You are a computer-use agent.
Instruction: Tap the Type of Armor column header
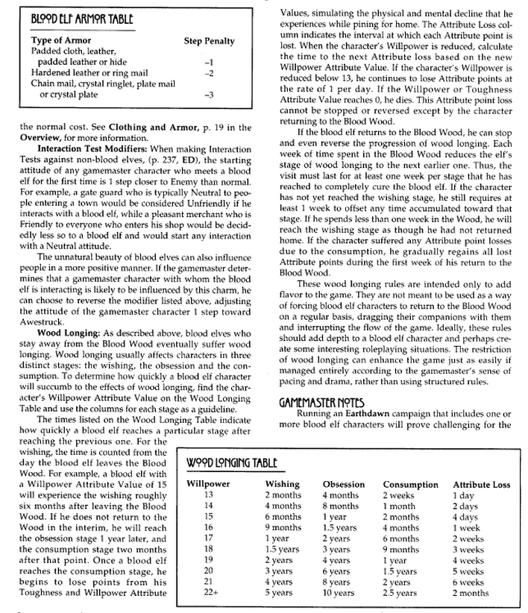[63, 42]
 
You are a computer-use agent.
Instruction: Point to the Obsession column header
[343, 484]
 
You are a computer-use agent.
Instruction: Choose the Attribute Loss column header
[481, 484]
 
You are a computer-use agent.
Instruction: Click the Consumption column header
[410, 484]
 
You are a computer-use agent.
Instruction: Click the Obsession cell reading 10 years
[339, 594]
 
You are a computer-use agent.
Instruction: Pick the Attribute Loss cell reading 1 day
[463, 494]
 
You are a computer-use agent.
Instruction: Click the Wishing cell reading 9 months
[283, 527]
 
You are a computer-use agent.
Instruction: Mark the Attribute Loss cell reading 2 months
[471, 594]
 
